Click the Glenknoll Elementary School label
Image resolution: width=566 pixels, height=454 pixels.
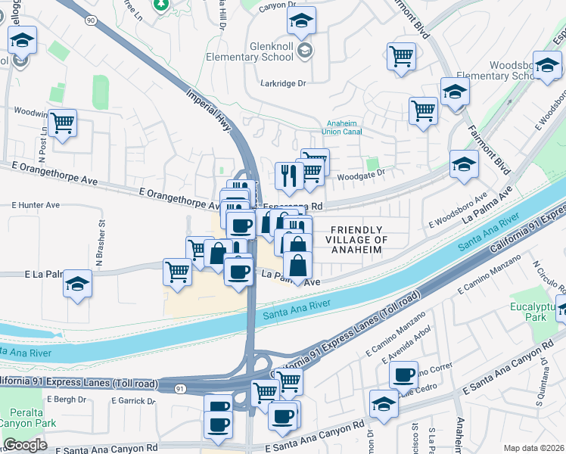pos(260,51)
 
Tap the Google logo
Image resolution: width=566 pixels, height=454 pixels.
pos(25,445)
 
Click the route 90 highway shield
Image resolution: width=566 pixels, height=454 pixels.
pos(91,20)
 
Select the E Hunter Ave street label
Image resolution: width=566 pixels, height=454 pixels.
pos(35,205)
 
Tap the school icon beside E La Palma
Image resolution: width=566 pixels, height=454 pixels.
pos(77,283)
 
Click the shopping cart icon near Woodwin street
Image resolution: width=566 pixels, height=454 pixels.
pos(62,121)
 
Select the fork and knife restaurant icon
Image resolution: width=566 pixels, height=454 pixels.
pos(289,176)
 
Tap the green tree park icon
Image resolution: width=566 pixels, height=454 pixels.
pos(160,5)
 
